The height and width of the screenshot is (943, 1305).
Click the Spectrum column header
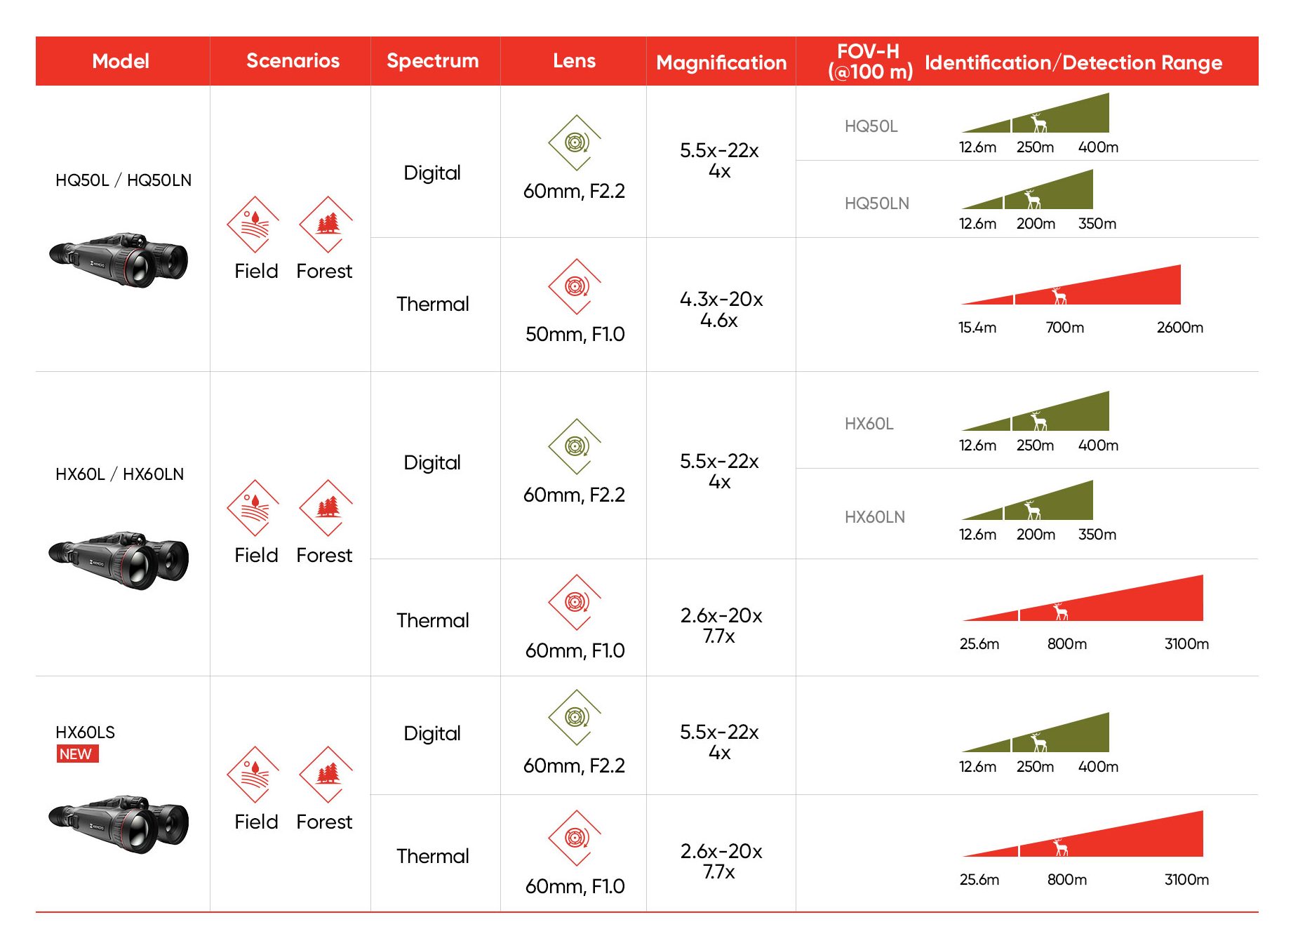432,61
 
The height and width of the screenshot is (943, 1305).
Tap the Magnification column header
721,62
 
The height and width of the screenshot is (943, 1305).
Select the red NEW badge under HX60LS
77,754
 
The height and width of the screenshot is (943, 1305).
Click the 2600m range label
1179,328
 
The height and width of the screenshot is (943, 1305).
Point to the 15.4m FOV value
977,328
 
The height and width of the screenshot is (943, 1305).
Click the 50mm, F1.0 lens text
575,334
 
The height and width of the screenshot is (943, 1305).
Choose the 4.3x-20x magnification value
721,300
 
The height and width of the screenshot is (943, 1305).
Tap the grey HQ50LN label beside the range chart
876,203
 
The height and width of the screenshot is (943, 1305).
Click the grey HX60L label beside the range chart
869,424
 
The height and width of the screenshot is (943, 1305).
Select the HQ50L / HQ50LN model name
123,180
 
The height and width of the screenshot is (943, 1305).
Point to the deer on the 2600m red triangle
1059,296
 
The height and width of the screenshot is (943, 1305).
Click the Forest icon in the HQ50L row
326,224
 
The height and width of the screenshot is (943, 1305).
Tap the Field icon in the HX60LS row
253,774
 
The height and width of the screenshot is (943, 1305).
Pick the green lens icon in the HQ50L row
575,142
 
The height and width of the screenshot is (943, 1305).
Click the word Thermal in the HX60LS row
432,856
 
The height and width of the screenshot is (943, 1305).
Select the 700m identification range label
1064,328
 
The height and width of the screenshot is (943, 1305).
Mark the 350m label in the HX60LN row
1097,535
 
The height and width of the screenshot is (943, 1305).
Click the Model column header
121,61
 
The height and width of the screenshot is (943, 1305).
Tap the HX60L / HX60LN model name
120,474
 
